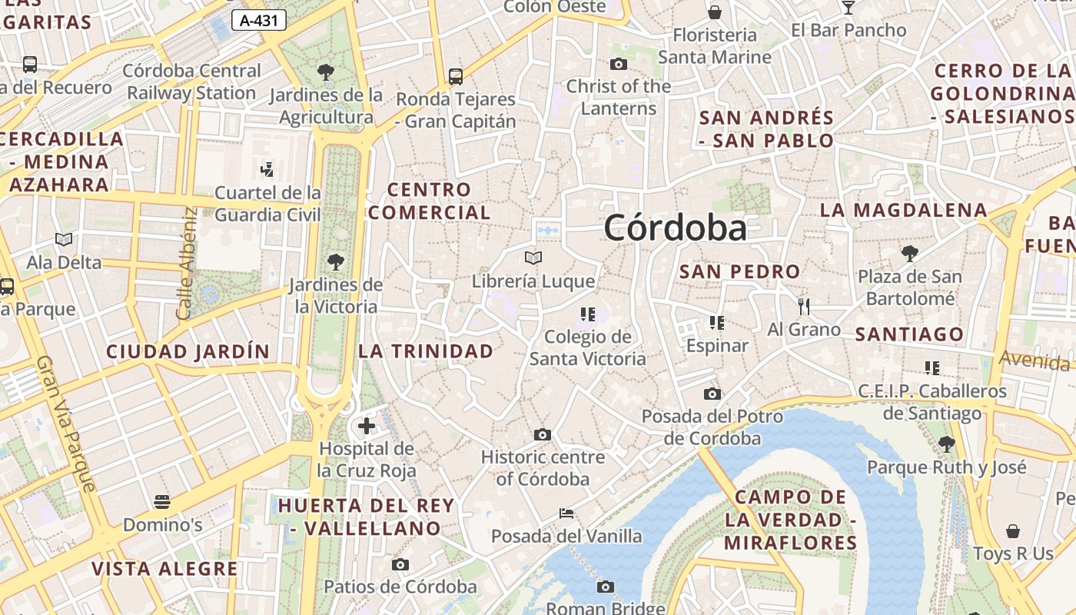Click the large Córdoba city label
[675, 228]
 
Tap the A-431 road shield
[258, 21]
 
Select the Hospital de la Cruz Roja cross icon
[367, 425]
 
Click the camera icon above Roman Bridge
[606, 587]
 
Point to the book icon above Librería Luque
[533, 258]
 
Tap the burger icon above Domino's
[162, 502]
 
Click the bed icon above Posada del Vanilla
[566, 513]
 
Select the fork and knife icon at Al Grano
[804, 307]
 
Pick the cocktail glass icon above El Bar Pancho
[849, 8]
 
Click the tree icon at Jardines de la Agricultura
[326, 72]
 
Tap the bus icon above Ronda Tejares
[456, 76]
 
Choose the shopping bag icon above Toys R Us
[1013, 531]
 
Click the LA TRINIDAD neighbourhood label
[426, 351]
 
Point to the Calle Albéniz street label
[187, 263]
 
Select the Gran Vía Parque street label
[67, 424]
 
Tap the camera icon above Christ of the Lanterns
[619, 64]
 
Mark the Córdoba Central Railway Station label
[192, 81]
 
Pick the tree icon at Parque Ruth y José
[947, 444]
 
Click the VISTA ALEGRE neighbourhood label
[164, 569]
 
